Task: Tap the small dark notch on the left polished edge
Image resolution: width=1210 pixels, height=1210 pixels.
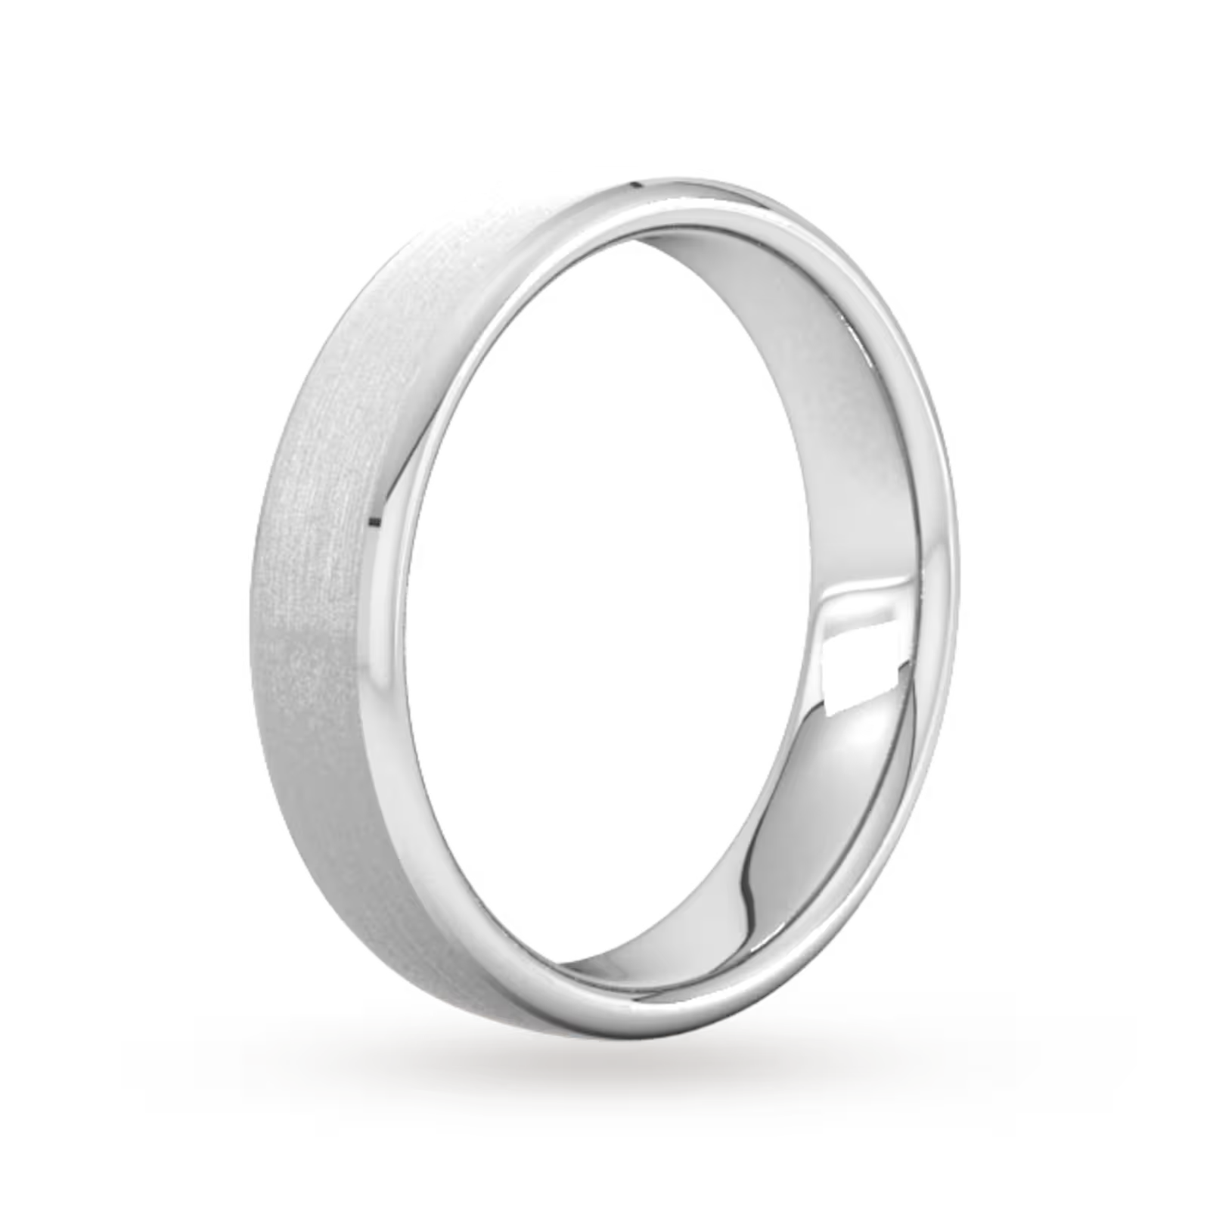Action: [x=374, y=520]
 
